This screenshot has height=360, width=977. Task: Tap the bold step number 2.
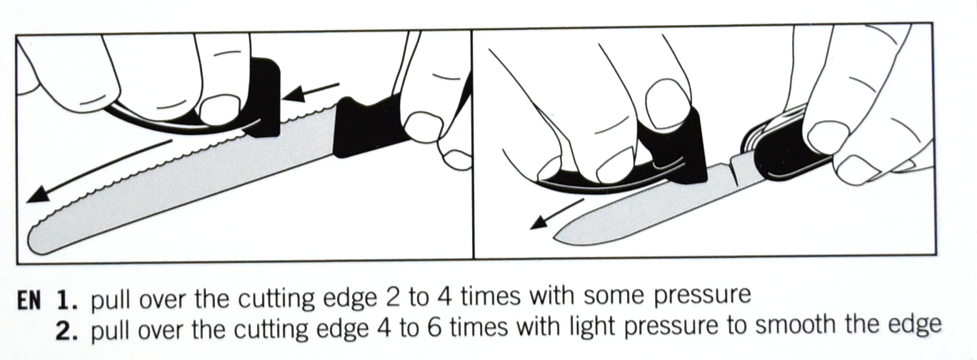tap(66, 330)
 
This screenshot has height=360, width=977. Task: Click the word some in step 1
tap(613, 297)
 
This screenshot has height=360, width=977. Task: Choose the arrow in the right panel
tap(556, 214)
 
